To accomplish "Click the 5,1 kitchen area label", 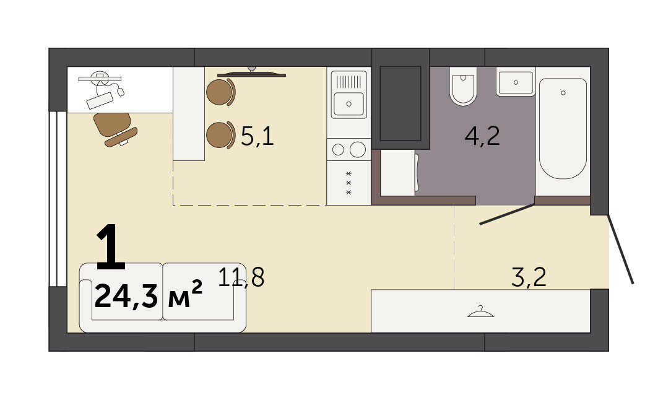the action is click(x=258, y=136).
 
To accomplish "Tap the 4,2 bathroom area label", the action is click(x=482, y=136).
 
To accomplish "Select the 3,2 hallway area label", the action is click(x=529, y=277).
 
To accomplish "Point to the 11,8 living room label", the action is click(x=241, y=277).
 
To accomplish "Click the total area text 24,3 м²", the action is click(x=149, y=295).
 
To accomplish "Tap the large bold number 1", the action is click(x=111, y=247).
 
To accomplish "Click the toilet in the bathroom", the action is click(x=463, y=86).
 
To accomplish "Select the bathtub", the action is click(x=563, y=128).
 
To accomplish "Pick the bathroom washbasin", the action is click(x=516, y=82).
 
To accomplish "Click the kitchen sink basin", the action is click(x=348, y=103).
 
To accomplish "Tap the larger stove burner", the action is click(x=358, y=149).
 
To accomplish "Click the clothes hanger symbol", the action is click(x=480, y=312).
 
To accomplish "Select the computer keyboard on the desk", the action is click(x=100, y=100).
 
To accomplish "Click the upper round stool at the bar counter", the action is click(x=220, y=92).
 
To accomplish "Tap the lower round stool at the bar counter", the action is click(x=220, y=135).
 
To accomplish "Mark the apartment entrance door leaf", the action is click(x=620, y=250).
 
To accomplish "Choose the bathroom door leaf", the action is click(x=508, y=214).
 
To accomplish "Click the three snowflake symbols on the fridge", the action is click(x=348, y=183).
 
